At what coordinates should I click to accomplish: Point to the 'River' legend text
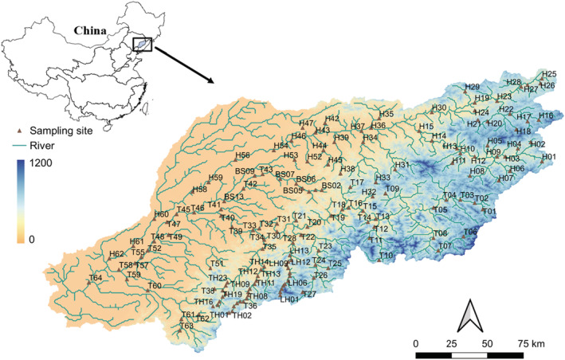(x=42, y=146)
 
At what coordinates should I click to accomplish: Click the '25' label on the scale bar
(x=451, y=342)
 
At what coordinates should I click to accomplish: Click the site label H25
(x=548, y=74)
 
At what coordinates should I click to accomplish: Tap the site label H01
(x=549, y=157)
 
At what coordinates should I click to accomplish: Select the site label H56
(x=243, y=155)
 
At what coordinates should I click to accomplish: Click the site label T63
(x=186, y=326)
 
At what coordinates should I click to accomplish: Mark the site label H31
(x=402, y=164)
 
